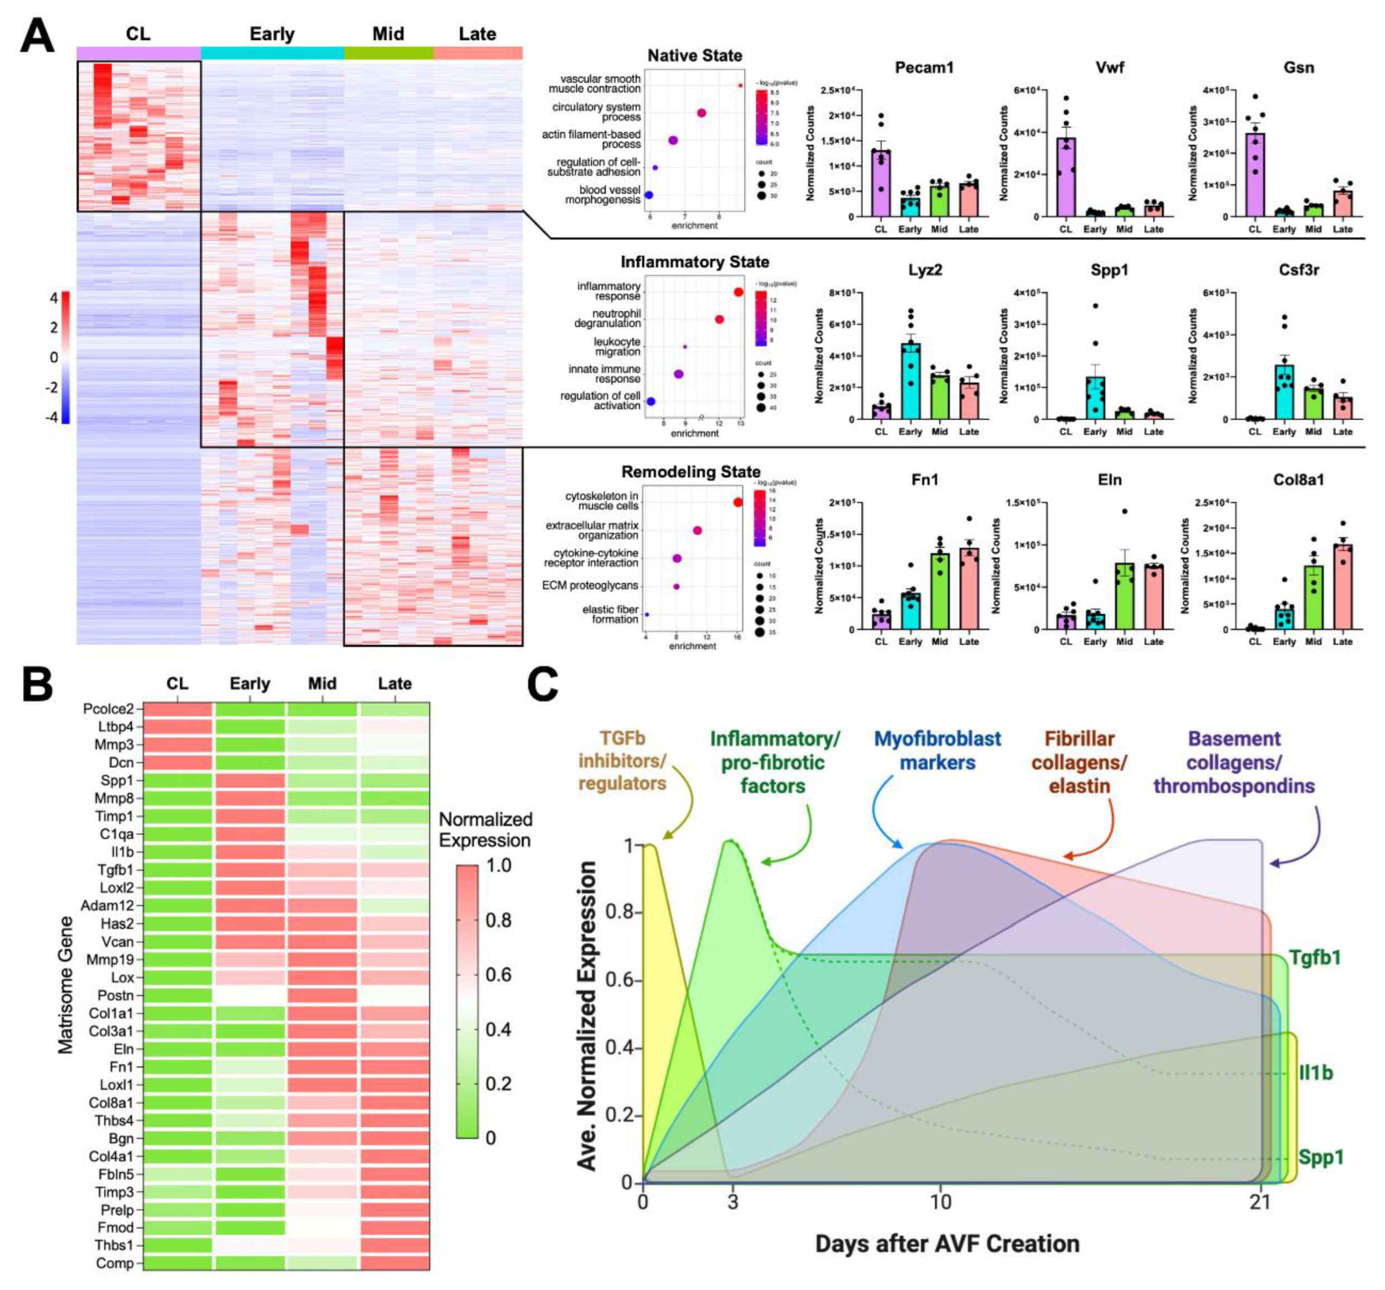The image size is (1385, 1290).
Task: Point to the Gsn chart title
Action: pos(1298,68)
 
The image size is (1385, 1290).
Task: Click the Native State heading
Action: pos(694,56)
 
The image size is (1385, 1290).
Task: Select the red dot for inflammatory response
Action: pos(739,292)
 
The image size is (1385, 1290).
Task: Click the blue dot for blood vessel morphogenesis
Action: pos(649,195)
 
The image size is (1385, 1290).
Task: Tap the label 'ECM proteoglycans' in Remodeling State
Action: pos(590,586)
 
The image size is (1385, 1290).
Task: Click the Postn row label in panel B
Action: pos(116,996)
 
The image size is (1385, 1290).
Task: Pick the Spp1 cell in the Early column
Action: pos(250,780)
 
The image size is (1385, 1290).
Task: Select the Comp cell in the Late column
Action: pos(394,1263)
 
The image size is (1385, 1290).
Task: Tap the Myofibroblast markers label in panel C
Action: pos(937,750)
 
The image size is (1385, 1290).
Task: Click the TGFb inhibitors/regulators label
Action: pos(622,761)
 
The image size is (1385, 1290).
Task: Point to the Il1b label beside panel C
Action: pos(1315,1073)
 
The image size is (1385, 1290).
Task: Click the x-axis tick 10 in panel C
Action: pos(941,1203)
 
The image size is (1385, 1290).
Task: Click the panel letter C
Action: pos(542,685)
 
